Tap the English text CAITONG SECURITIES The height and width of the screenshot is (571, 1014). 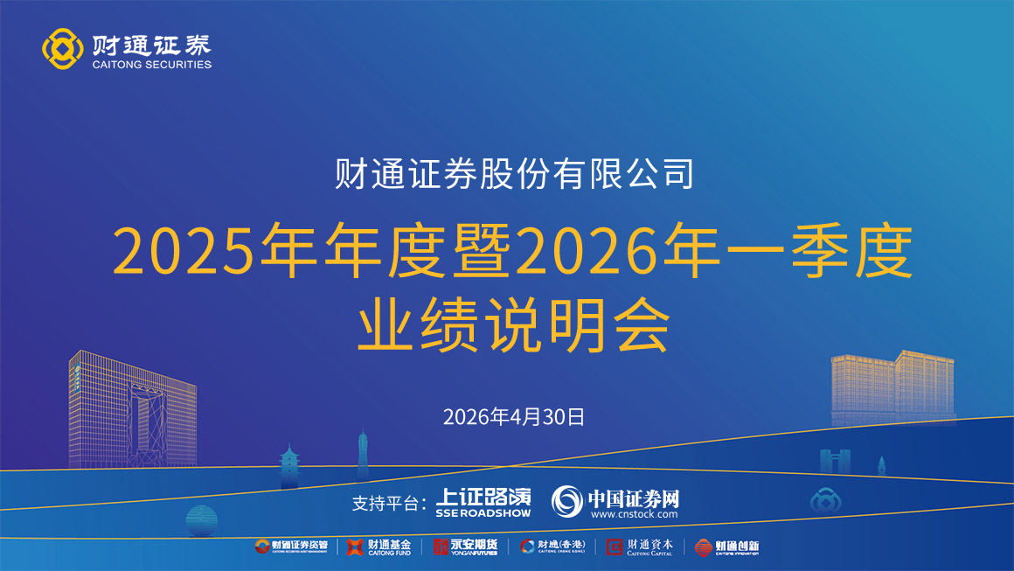point(151,64)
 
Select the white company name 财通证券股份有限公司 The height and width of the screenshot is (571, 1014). point(514,173)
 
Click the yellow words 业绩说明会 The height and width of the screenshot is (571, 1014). point(514,324)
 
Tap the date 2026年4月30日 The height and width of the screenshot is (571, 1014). point(514,416)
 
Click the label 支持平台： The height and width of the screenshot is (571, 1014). point(389,503)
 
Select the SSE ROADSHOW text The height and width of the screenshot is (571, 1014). point(483,513)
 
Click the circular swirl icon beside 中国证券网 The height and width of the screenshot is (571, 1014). point(566,501)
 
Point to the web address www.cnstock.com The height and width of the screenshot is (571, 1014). point(634,514)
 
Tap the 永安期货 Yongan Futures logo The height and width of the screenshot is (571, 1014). point(465,547)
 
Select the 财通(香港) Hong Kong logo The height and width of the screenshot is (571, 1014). point(552,547)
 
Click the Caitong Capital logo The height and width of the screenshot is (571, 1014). point(640,547)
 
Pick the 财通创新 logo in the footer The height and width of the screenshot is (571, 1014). point(726,547)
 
